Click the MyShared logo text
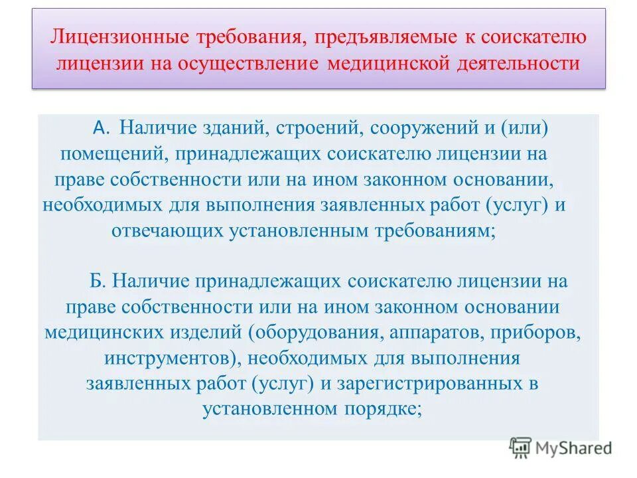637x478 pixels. pyautogui.click(x=574, y=448)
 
